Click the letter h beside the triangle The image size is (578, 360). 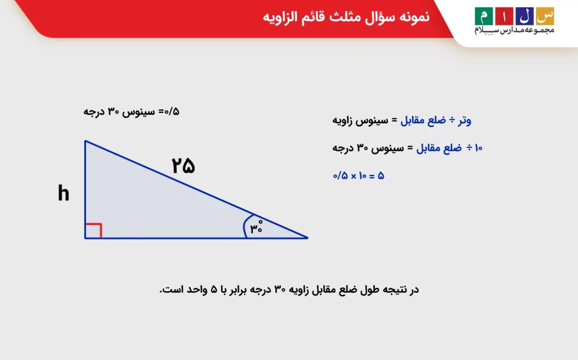point(63,194)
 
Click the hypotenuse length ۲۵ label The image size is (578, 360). point(183,166)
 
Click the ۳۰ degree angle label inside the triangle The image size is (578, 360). point(256,227)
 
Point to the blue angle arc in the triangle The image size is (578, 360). point(245,227)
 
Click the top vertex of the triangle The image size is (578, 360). point(85,141)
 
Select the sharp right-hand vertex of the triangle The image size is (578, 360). point(306,238)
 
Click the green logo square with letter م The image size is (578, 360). point(483,15)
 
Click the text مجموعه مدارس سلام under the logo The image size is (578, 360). point(514,30)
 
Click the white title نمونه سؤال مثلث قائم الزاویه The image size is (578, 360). point(346,16)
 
